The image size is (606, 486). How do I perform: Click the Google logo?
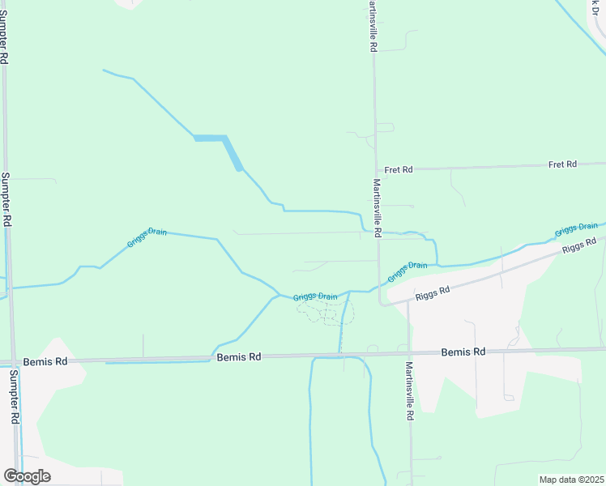point(27,475)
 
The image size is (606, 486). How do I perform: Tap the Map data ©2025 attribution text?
point(571,480)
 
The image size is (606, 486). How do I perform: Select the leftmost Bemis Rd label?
point(41,362)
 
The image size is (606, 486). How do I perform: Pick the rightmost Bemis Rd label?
point(463,352)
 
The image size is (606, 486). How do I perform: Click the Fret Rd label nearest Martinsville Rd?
point(399,169)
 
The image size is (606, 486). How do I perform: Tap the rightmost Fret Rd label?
point(562,164)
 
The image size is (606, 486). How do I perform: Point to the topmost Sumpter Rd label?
point(5,40)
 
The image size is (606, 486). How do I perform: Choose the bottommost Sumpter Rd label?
point(14,397)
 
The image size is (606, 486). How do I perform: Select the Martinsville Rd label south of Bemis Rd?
point(410,391)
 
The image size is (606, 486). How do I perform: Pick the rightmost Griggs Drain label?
point(577,229)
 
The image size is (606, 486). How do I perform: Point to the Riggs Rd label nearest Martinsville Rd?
point(432,293)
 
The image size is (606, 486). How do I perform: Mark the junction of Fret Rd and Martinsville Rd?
point(375,169)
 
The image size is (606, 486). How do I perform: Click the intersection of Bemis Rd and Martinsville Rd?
point(408,354)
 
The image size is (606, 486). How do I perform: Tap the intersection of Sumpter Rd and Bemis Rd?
point(15,362)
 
